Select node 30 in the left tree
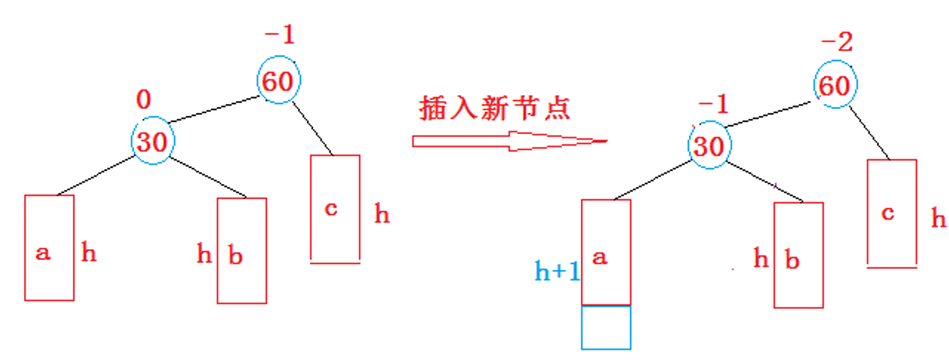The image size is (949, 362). pos(153,141)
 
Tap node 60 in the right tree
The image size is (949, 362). pos(835,86)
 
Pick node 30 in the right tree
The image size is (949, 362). pos(708,146)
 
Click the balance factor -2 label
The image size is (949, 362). pos(837,43)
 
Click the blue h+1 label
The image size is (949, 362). pos(557,271)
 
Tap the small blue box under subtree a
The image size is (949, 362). pos(606,327)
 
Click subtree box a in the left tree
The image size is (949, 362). pos(49,247)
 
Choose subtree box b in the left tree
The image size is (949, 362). pos(242,250)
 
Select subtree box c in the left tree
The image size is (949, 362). pos(335,208)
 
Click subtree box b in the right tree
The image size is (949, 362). pos(798,254)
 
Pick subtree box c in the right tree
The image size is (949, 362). pos(891,213)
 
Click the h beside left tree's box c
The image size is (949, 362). pos(382,215)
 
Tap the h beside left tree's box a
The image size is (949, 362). pos(89,254)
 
